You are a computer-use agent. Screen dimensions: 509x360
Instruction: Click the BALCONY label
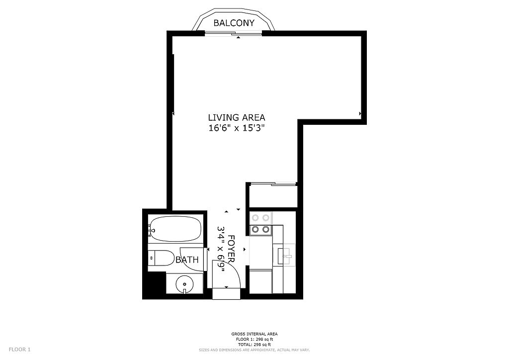[234, 23]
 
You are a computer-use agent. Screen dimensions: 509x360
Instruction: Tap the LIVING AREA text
[237, 117]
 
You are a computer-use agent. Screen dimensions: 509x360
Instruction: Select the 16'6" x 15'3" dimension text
[237, 128]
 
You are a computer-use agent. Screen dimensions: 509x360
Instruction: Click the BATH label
[187, 260]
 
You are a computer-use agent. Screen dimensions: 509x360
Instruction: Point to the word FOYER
[231, 249]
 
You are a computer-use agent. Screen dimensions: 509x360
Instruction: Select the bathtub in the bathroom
[175, 229]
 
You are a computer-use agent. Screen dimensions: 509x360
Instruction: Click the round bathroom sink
[184, 285]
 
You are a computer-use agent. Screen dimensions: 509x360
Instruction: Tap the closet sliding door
[273, 184]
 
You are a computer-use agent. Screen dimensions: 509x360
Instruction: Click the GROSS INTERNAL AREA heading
[254, 334]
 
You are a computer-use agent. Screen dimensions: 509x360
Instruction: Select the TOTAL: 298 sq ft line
[254, 345]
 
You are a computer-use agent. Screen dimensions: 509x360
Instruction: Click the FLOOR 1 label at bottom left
[19, 350]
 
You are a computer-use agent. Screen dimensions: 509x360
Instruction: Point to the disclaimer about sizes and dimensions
[254, 350]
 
